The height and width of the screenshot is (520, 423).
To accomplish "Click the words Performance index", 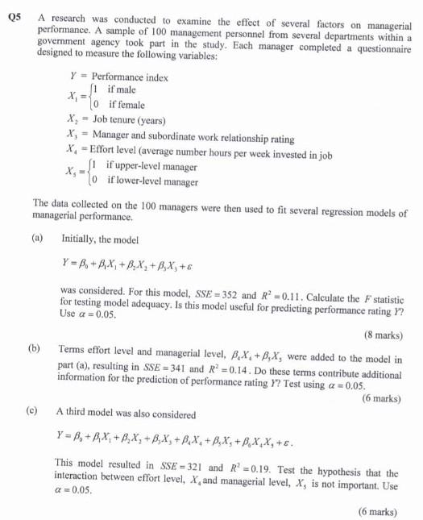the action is coord(126,78).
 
